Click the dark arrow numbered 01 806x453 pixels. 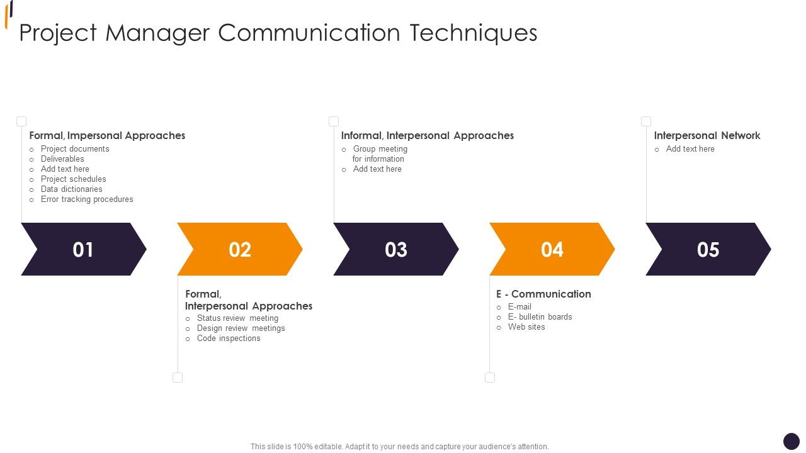click(x=83, y=249)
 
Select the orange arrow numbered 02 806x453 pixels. click(x=239, y=249)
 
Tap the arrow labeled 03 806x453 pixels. click(x=395, y=249)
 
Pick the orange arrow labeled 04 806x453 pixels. click(x=552, y=249)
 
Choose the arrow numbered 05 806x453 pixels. click(x=708, y=249)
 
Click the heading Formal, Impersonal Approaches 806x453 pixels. click(x=107, y=135)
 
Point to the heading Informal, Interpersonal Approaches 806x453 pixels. click(x=428, y=135)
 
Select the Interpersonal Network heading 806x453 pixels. click(x=707, y=135)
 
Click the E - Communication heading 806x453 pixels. click(x=543, y=294)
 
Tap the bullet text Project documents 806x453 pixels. click(x=75, y=149)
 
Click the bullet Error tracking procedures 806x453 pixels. click(x=87, y=199)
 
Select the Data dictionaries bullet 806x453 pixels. click(x=71, y=189)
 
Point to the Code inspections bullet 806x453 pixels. click(x=229, y=338)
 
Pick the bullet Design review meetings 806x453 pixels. click(x=241, y=328)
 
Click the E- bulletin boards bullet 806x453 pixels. click(x=540, y=317)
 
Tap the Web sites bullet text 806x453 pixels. click(x=526, y=327)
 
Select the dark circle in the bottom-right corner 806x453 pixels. click(x=792, y=441)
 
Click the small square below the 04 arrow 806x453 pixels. click(x=490, y=377)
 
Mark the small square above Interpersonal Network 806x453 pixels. click(x=646, y=121)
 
